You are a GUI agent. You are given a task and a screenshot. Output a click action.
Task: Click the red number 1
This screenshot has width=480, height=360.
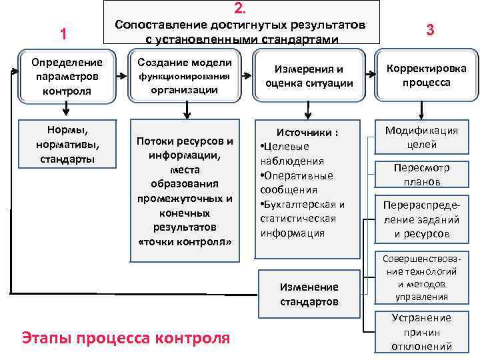point(63,34)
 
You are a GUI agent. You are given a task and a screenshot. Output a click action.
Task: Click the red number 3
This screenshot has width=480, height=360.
point(430,30)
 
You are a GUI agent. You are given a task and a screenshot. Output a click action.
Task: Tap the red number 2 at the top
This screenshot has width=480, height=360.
point(241,8)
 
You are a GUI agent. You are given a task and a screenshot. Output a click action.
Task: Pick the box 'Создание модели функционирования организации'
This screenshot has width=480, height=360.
point(185,76)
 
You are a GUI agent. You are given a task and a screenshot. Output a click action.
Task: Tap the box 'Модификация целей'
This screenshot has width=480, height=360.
point(421,137)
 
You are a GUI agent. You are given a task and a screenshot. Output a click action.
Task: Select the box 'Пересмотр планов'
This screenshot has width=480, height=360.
point(421,175)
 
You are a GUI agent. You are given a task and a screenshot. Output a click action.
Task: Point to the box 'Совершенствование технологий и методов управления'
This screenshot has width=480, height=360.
point(421,277)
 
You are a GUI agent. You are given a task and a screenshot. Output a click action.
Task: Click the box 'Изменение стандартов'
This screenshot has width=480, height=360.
point(309,294)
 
